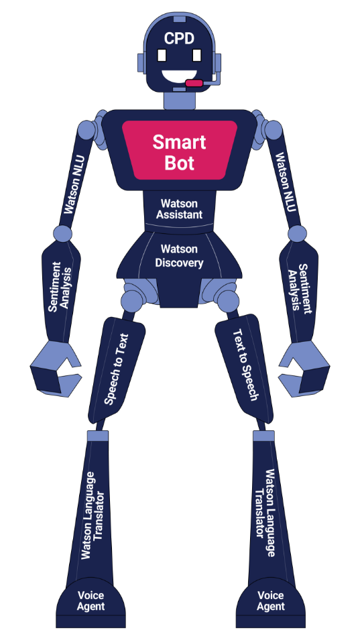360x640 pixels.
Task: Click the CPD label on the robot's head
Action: pos(180,38)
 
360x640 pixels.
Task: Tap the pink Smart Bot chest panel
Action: pos(180,151)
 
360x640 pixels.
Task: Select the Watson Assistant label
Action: pos(180,208)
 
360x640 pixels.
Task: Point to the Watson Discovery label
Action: pos(179,256)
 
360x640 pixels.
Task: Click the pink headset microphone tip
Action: pos(194,83)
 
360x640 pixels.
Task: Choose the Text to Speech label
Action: pos(245,365)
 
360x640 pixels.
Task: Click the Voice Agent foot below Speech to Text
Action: pos(91,601)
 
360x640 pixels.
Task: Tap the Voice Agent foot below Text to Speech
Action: pos(271,601)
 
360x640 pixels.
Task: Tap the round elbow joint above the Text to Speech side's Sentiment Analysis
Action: pos(298,233)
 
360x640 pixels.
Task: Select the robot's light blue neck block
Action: pos(180,101)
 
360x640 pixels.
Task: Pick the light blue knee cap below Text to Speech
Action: pos(263,436)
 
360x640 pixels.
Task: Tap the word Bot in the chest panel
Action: pos(180,162)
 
